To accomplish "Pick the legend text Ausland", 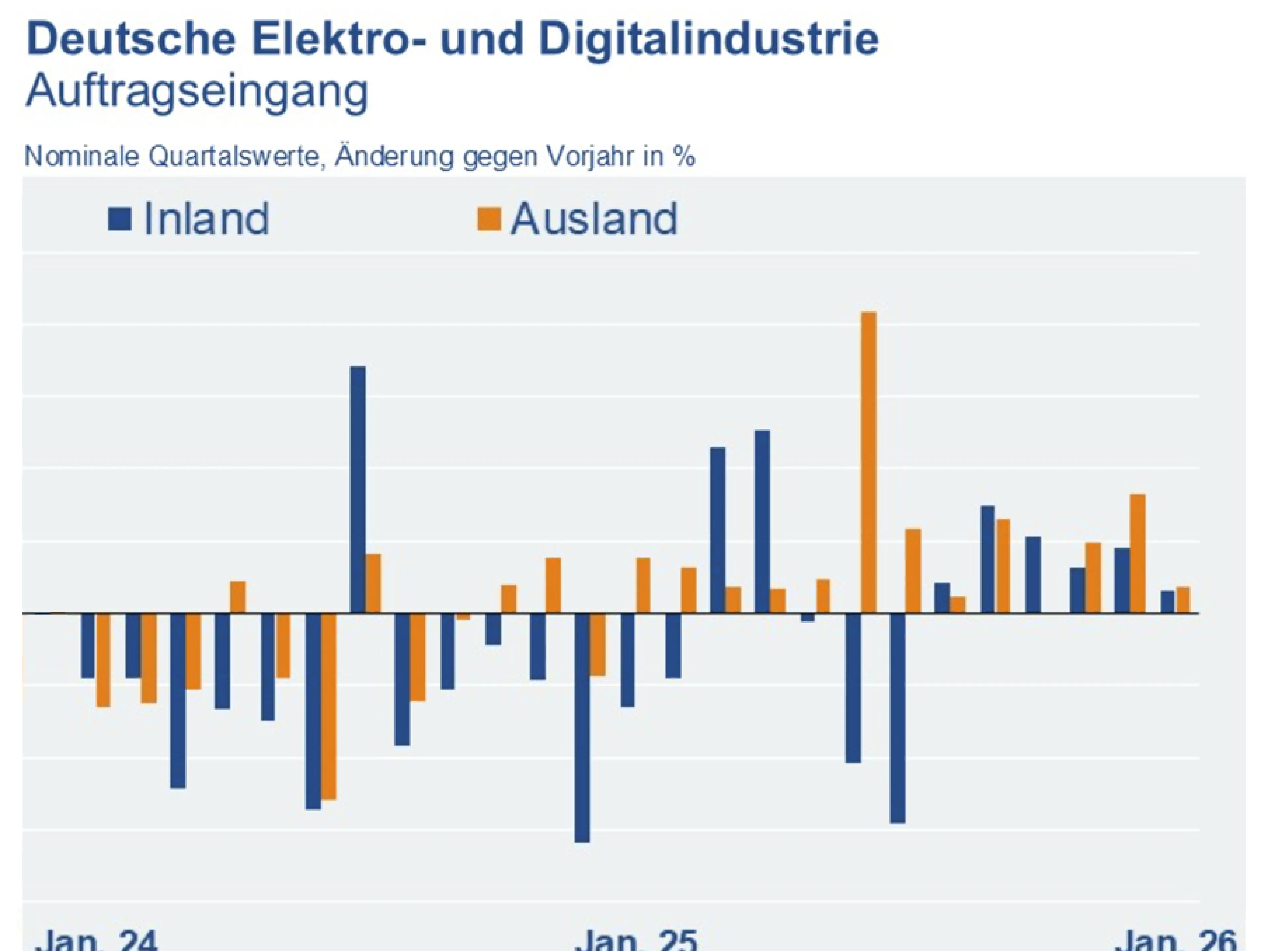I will pyautogui.click(x=594, y=219).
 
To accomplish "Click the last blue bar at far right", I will pyautogui.click(x=1167, y=602).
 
